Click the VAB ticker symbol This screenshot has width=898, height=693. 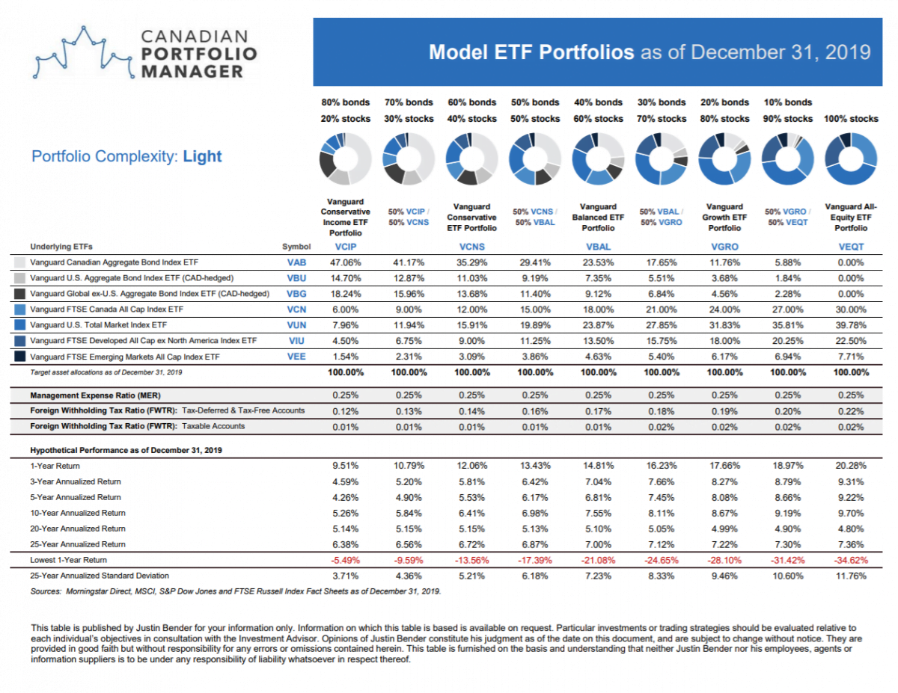[297, 262]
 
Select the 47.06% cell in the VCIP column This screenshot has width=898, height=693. [345, 262]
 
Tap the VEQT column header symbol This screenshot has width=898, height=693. [850, 246]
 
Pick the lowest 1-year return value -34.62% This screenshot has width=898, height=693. [850, 560]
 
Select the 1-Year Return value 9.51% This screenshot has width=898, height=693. [345, 466]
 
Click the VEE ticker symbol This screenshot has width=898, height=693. [297, 356]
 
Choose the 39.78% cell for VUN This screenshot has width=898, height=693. [850, 324]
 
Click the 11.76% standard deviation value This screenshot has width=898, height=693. [850, 576]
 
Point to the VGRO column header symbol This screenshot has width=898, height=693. [724, 246]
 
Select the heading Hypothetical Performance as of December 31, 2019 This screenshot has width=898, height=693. [126, 450]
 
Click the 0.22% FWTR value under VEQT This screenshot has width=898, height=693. [850, 410]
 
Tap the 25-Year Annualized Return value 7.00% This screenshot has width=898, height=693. [598, 544]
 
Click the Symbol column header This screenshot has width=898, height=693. [296, 246]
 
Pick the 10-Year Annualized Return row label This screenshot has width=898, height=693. [78, 513]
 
